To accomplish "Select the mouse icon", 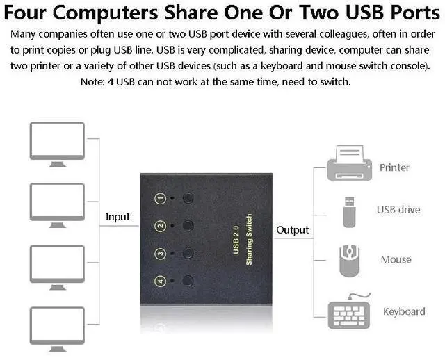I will click(349, 259).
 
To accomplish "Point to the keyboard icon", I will click(352, 309).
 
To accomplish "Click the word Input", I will click(118, 217).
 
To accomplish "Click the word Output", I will click(293, 230).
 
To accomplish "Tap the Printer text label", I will click(394, 167).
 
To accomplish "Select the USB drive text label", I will click(398, 209).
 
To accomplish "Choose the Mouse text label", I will click(396, 259).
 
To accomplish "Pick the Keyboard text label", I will click(404, 311).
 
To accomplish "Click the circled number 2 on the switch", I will click(160, 227).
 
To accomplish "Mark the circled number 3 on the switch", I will click(160, 254).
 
